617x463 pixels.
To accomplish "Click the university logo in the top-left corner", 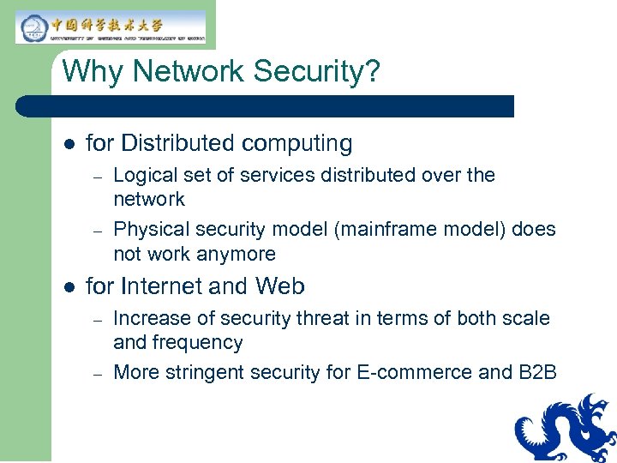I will pos(111,27).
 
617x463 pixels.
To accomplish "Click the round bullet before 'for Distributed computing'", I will pos(69,143).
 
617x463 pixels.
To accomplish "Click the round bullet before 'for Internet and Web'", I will pos(69,286).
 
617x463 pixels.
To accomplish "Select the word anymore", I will pos(237,254).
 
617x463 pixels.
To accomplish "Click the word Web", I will pos(280,286).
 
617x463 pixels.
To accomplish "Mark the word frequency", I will pos(197,342).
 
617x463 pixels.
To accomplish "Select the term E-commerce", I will pos(414,372).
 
